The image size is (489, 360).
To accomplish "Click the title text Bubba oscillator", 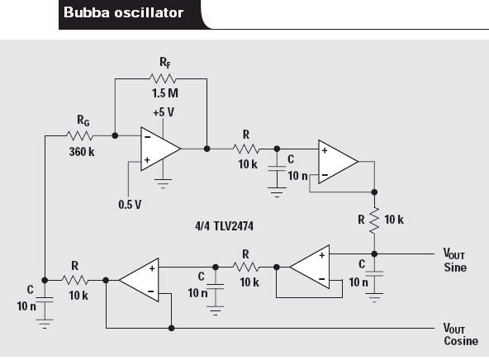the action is tap(123, 12).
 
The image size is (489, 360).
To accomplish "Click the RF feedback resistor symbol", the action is tap(163, 78).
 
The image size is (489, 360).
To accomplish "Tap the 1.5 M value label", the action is tap(165, 93).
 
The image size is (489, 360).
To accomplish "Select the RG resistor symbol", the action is tap(80, 135).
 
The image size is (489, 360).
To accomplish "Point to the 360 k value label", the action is tap(82, 152).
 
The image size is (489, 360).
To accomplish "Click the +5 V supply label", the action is tap(164, 112).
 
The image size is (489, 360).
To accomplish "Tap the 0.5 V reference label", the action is tap(130, 205).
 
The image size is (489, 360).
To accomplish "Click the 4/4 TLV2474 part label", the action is tap(224, 226).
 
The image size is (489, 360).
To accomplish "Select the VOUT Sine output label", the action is tap(455, 260).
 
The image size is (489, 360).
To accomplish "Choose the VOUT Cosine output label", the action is tap(461, 334).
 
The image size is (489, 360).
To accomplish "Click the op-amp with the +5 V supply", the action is tap(160, 149).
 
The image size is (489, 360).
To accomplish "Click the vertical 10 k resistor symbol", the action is tap(374, 220).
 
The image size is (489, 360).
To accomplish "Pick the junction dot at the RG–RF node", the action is tap(115, 135).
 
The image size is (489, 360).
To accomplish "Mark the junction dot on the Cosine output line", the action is tap(171, 328).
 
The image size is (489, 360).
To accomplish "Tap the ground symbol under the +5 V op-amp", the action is tap(163, 183).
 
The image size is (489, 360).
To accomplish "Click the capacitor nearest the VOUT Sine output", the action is tap(374, 274).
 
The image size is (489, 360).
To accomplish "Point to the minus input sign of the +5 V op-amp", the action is tap(148, 137).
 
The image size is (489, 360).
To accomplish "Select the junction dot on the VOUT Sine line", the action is tap(374, 254).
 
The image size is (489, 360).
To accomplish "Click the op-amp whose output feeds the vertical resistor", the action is tap(338, 162).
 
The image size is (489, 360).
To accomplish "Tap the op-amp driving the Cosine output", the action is tap(139, 280).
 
